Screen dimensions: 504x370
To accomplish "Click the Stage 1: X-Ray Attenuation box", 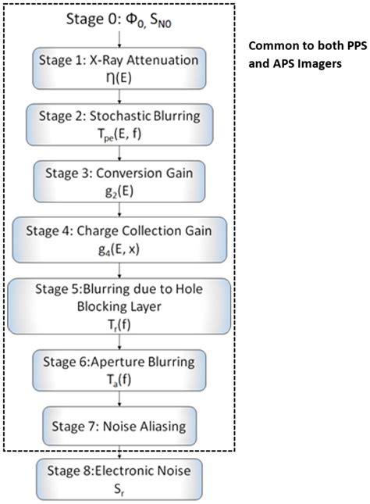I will pos(118,68).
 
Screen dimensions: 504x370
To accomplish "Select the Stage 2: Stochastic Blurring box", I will pos(118,123).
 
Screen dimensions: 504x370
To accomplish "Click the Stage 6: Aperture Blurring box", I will pos(118,370).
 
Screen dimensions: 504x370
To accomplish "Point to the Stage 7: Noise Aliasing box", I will pos(118,427).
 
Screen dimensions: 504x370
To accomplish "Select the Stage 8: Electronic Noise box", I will pos(118,477).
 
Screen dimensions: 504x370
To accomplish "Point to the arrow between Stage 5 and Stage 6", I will pos(118,340).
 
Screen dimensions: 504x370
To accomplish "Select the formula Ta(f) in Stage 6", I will pos(118,378).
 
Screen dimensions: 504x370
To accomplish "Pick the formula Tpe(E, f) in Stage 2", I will pos(118,132).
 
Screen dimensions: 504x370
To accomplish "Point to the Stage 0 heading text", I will pos(118,22).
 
